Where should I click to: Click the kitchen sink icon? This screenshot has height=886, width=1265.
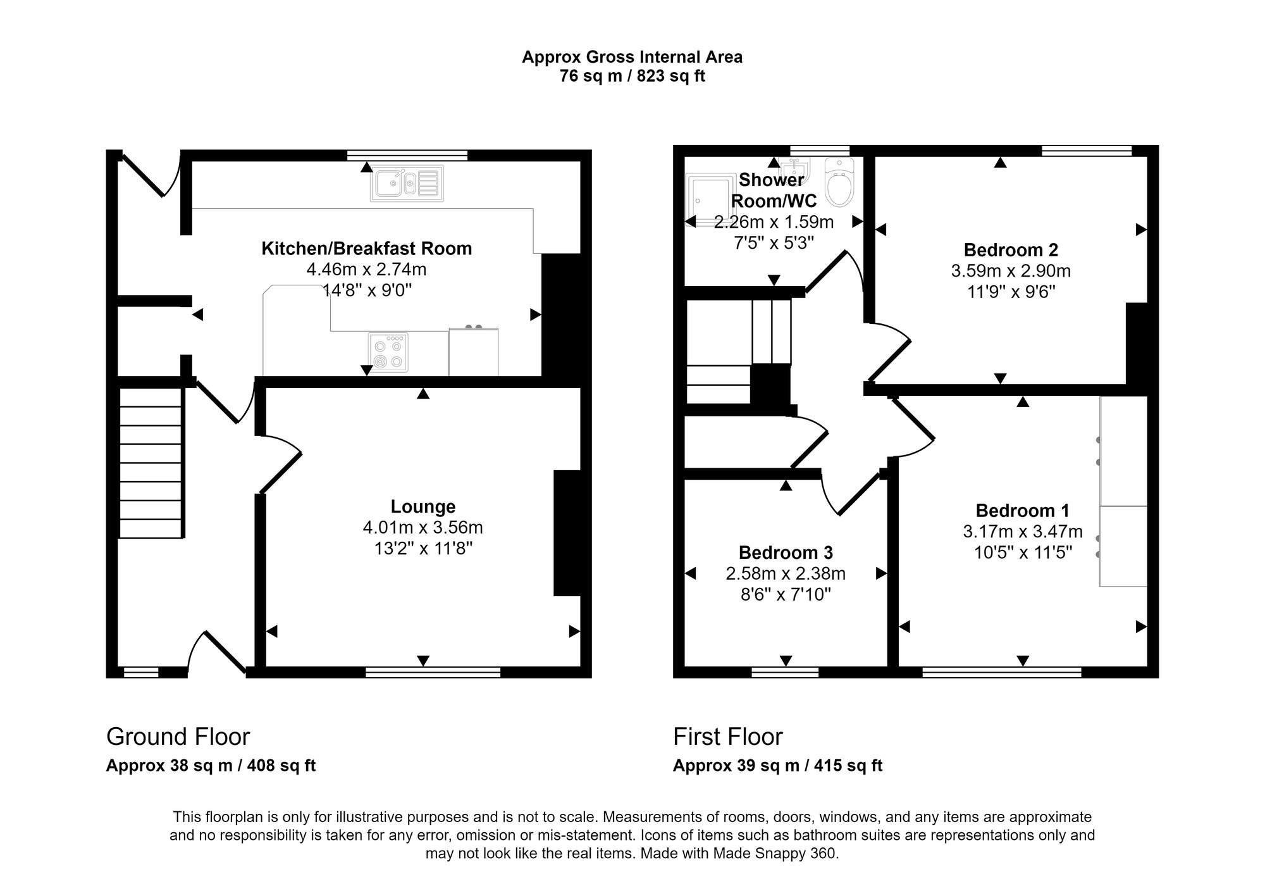click(407, 184)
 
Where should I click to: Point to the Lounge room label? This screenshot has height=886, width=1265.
click(423, 506)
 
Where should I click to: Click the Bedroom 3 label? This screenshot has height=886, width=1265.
click(786, 552)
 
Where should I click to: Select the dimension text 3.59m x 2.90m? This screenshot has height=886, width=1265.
click(1010, 271)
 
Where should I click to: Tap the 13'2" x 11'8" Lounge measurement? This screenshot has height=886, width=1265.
click(423, 548)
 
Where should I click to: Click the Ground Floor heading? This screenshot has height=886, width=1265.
click(178, 737)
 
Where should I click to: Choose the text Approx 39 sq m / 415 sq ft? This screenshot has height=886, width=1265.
click(777, 766)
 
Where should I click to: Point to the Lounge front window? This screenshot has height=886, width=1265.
click(433, 672)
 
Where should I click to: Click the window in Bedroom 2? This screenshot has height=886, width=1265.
click(1086, 151)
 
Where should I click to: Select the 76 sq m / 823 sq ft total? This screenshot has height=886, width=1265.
click(632, 77)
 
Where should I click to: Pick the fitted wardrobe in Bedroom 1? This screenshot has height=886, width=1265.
click(1123, 491)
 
